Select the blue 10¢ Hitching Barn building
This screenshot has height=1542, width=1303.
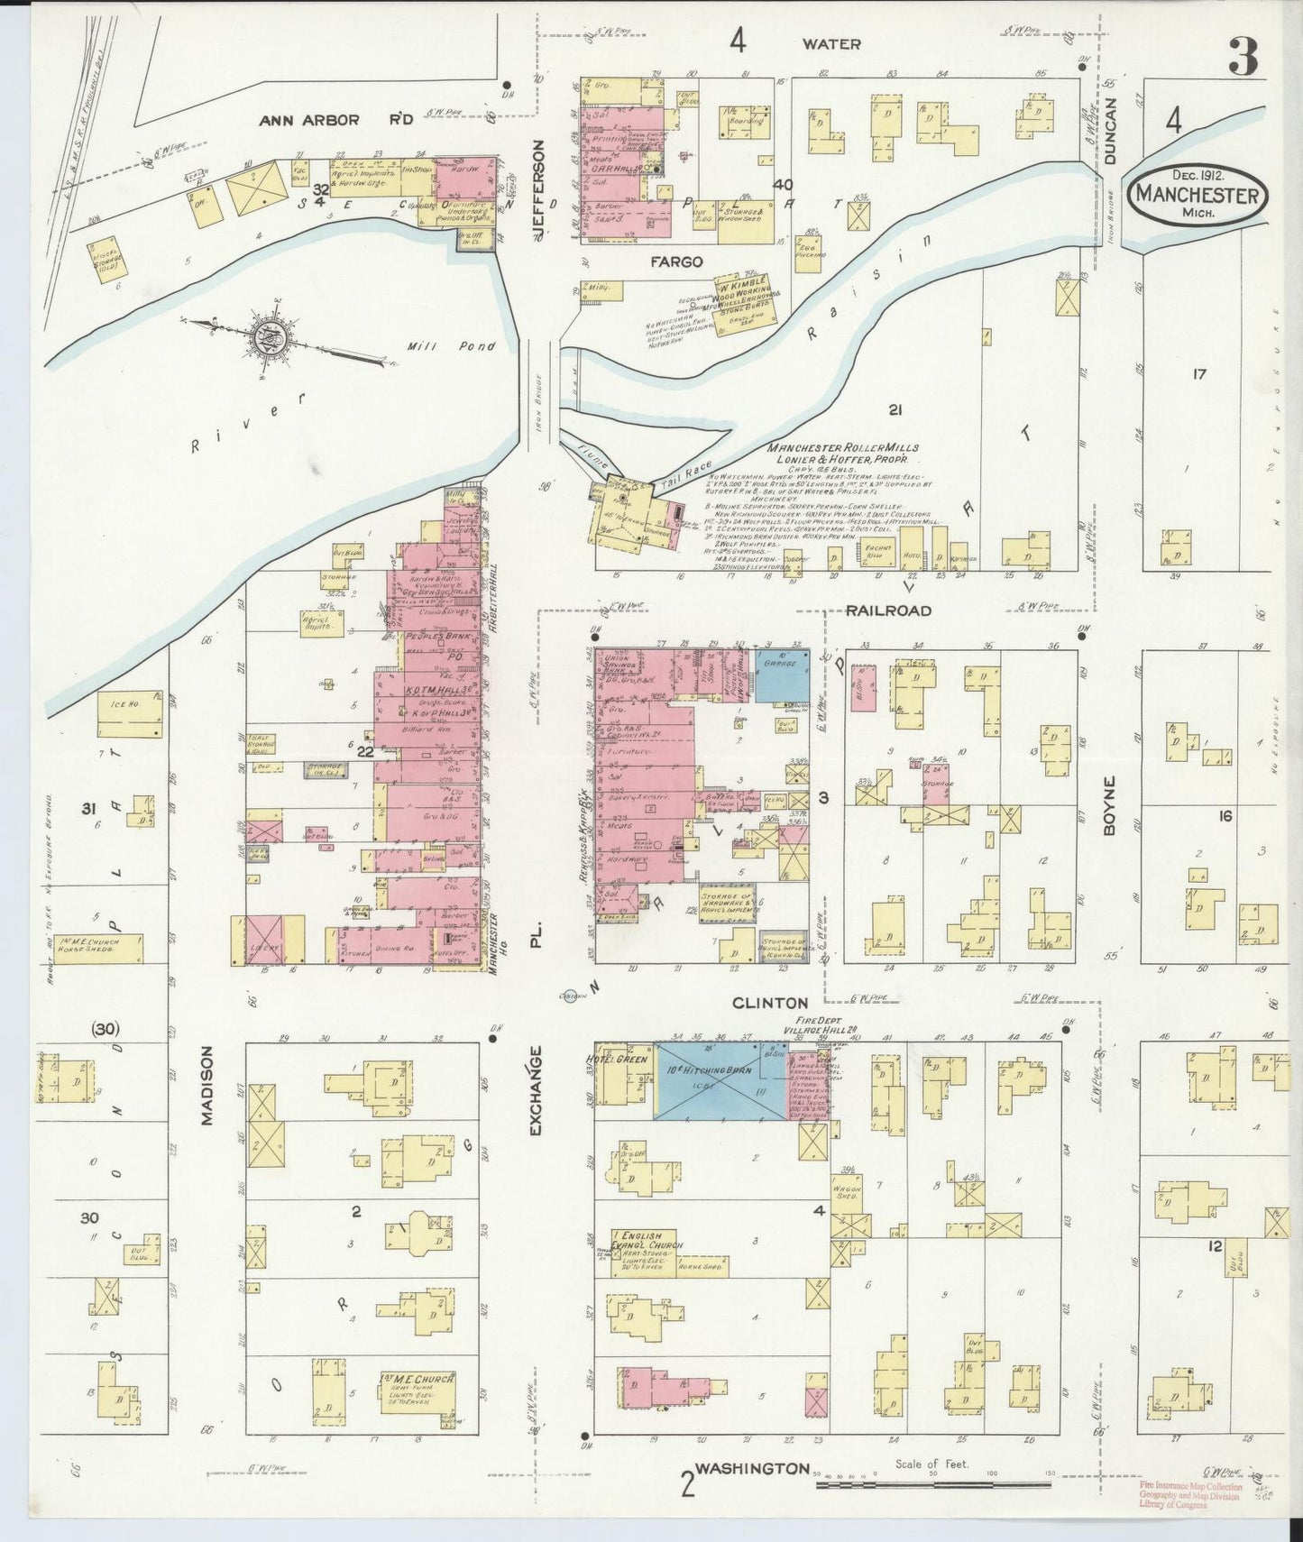[720, 1081]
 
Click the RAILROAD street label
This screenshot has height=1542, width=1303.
[888, 610]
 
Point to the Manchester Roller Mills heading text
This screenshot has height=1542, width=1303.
[843, 448]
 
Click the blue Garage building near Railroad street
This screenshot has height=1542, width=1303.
[780, 675]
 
